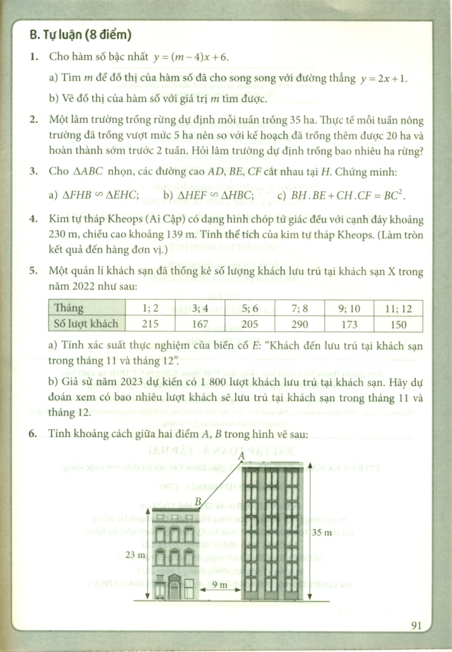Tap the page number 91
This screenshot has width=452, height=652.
click(418, 625)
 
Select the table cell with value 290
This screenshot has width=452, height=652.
click(299, 323)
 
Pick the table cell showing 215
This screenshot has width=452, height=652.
click(151, 323)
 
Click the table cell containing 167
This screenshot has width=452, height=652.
click(201, 323)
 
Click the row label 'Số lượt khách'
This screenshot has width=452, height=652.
click(86, 323)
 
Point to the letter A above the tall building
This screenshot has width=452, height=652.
click(241, 456)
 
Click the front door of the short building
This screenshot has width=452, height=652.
click(173, 587)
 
